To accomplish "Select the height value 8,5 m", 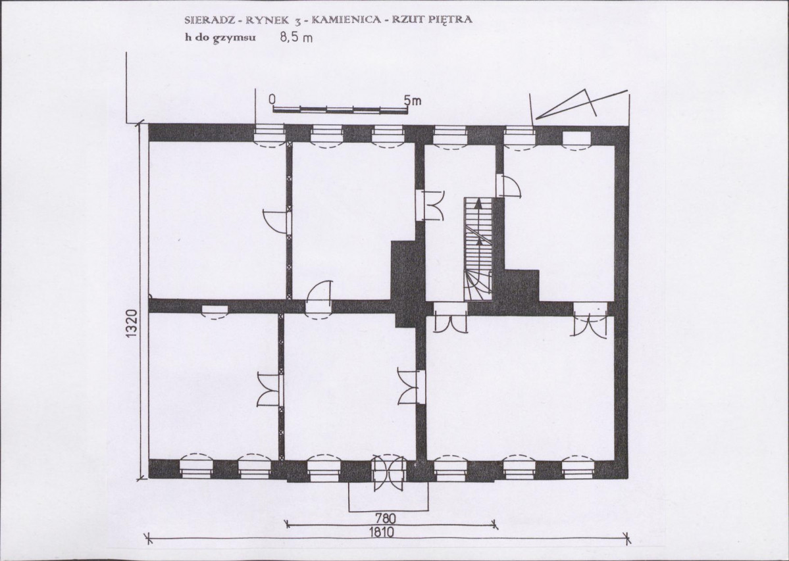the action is click(x=296, y=37).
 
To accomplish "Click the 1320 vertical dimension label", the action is click(x=132, y=324).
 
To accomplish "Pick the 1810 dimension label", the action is click(x=384, y=532).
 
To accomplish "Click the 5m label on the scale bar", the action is click(x=413, y=101).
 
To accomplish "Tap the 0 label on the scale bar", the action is click(x=272, y=99).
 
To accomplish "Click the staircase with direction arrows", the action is click(x=478, y=249).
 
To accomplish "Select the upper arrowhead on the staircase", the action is click(x=478, y=204).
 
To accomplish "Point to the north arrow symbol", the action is click(x=582, y=104).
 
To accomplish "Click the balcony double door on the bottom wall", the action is click(x=388, y=472).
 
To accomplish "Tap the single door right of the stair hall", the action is click(x=508, y=185).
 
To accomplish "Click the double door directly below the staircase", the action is click(x=450, y=318).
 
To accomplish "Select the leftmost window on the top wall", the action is click(x=269, y=135).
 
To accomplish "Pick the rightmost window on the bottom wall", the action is click(x=578, y=467).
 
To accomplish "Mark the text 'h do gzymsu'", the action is click(x=220, y=38).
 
